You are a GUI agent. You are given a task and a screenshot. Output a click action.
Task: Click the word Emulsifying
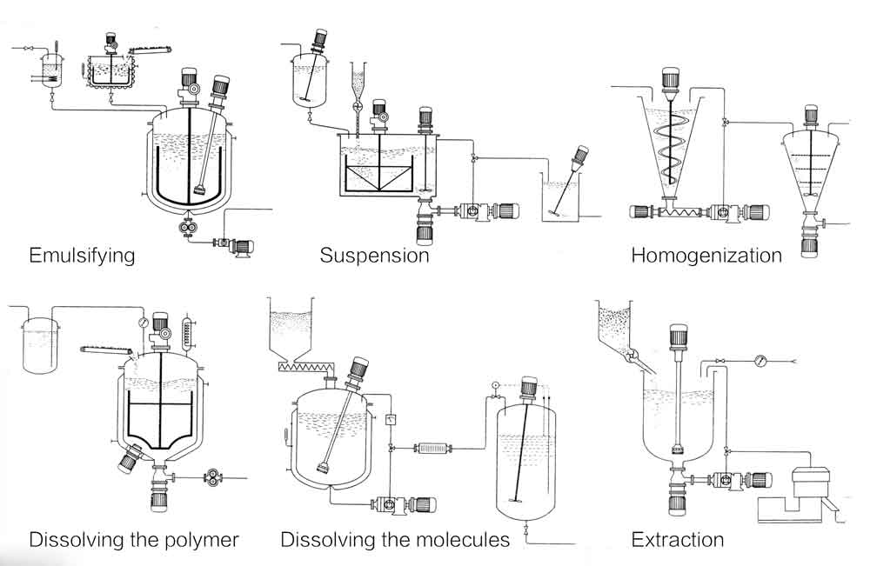click(82, 256)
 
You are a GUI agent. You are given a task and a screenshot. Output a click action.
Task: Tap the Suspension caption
click(374, 256)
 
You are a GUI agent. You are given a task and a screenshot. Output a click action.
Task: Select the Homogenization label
click(706, 256)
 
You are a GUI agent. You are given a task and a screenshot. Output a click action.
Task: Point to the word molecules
click(461, 540)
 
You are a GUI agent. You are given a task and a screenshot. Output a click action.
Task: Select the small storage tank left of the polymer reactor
click(37, 343)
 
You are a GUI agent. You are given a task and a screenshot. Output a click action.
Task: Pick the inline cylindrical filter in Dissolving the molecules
click(432, 447)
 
